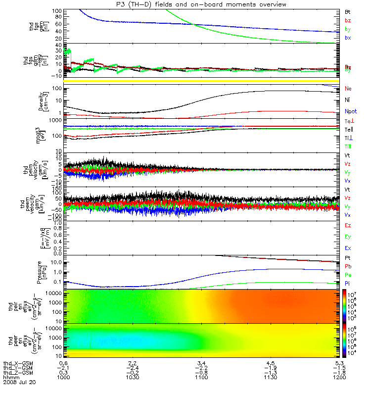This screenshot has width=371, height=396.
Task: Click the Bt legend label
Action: tap(348, 11)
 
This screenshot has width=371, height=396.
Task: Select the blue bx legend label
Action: tap(348, 38)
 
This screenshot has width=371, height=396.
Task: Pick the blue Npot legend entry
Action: tap(350, 112)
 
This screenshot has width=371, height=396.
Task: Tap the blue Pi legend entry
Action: tap(348, 284)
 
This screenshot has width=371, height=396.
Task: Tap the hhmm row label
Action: tap(10, 378)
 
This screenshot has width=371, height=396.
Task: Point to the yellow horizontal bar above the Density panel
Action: tap(198, 81)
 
